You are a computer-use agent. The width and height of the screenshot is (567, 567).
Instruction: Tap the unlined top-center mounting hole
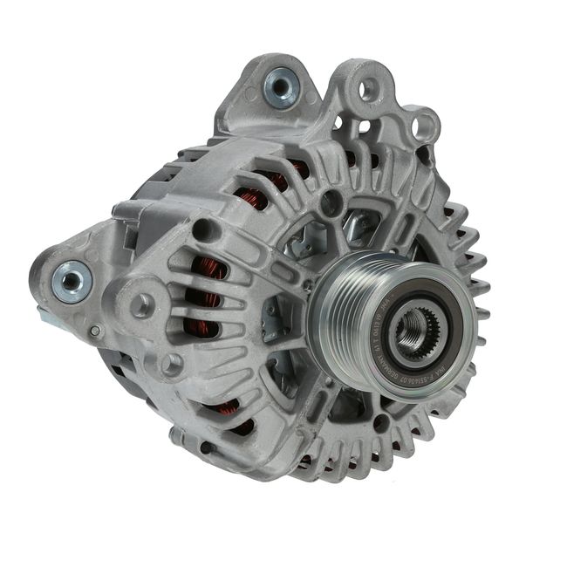click(367, 88)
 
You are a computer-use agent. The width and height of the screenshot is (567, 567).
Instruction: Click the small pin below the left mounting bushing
click(95, 331)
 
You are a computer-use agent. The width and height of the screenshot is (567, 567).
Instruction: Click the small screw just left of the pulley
click(306, 285)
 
